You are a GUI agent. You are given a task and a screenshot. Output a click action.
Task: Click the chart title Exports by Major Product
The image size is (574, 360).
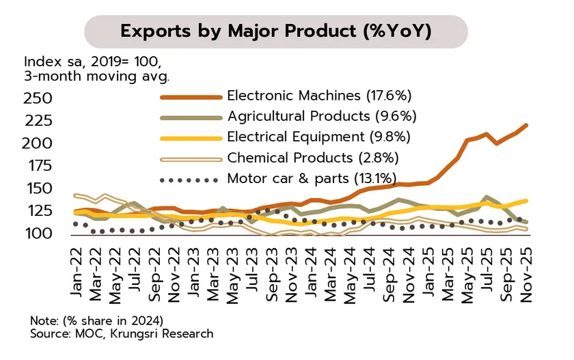(275, 31)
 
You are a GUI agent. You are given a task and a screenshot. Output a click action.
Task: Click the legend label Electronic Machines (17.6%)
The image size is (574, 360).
(319, 96)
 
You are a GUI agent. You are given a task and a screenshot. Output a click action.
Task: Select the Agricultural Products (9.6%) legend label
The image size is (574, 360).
(321, 116)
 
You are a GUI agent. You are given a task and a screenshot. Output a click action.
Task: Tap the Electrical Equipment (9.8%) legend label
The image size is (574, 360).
(318, 137)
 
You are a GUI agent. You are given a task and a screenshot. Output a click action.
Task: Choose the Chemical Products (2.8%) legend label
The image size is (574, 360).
(312, 158)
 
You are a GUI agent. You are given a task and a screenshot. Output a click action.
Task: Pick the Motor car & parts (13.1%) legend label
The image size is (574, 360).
(312, 179)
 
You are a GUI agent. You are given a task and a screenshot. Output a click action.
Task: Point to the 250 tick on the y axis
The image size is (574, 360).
(38, 98)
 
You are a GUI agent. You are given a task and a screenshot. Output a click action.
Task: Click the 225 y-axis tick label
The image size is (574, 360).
(38, 121)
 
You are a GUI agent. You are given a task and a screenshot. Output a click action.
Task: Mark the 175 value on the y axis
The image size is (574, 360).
(38, 166)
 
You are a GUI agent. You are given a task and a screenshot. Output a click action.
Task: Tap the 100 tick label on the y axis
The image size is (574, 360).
(38, 234)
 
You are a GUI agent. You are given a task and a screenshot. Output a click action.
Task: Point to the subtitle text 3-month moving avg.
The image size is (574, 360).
(96, 76)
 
